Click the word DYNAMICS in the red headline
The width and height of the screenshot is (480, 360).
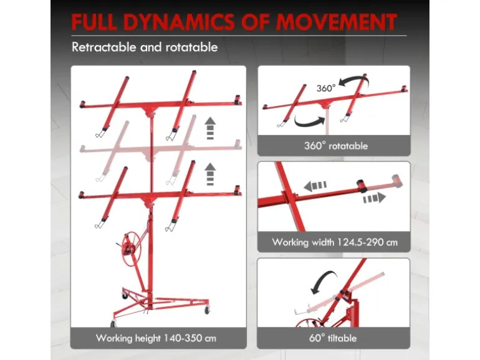tap(180, 22)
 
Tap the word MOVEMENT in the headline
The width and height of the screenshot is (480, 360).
tap(336, 22)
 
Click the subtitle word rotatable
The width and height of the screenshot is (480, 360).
tap(191, 47)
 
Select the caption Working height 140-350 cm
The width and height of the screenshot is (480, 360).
tap(156, 338)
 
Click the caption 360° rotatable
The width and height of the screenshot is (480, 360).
tap(336, 146)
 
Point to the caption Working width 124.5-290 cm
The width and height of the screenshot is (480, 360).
tap(335, 242)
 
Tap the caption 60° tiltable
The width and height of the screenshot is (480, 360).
tap(333, 338)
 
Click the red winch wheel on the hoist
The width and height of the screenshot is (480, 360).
tap(131, 245)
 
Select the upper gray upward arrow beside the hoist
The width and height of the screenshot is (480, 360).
tap(210, 128)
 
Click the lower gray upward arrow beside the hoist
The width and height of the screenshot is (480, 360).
tap(210, 174)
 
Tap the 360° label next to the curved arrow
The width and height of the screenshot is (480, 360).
tap(326, 88)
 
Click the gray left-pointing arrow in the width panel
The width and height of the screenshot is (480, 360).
tap(315, 186)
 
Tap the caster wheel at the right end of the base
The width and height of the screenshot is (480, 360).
tap(207, 310)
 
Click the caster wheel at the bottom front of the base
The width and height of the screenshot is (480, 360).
tap(113, 324)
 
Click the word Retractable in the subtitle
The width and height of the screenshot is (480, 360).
tap(103, 47)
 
